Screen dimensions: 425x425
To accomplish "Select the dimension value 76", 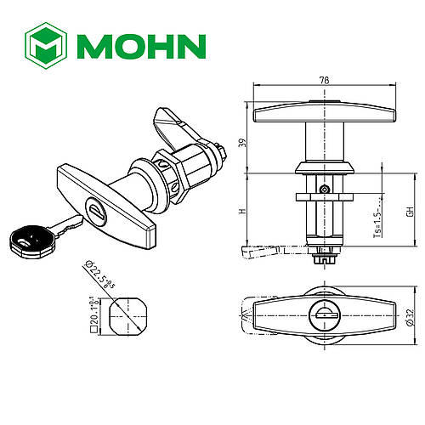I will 322,82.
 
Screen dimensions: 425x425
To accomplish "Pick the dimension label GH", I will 408,212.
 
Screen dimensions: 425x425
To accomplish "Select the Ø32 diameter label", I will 408,316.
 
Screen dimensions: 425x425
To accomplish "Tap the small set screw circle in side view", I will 323,190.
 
